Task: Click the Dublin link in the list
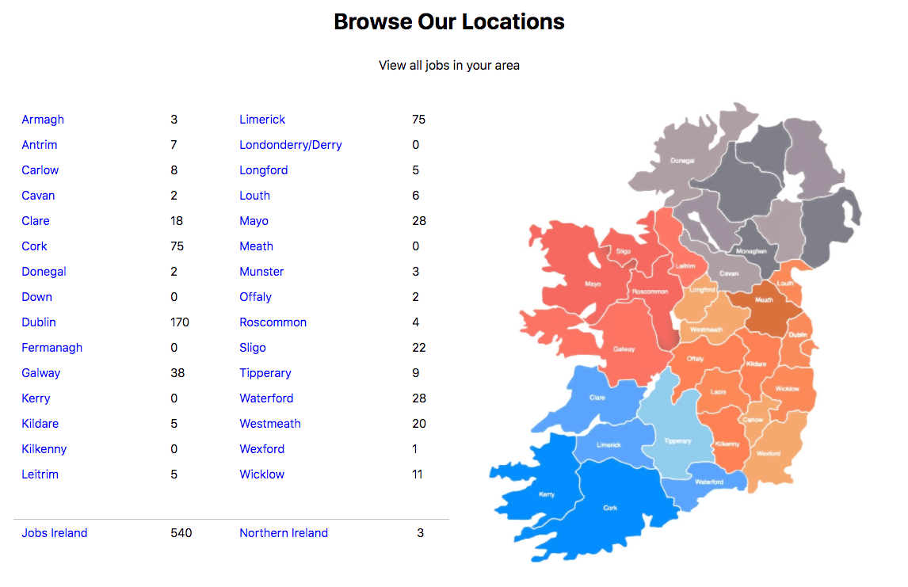point(39,322)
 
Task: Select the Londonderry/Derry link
point(291,145)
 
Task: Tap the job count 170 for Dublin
point(180,322)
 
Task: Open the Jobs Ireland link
point(55,533)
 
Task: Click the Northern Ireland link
point(284,533)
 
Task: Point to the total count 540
point(181,533)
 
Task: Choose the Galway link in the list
point(41,373)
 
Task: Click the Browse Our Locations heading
point(449,21)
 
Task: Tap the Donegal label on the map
point(682,161)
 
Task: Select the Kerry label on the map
point(547,494)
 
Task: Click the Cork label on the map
point(610,508)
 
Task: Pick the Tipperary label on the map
point(677,441)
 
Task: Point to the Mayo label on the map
point(593,284)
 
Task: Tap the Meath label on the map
point(764,300)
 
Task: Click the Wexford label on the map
point(769,454)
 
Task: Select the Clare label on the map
point(597,398)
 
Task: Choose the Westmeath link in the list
point(270,424)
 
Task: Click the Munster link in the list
point(261,272)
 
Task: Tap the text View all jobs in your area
point(449,65)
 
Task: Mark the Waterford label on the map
point(709,482)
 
